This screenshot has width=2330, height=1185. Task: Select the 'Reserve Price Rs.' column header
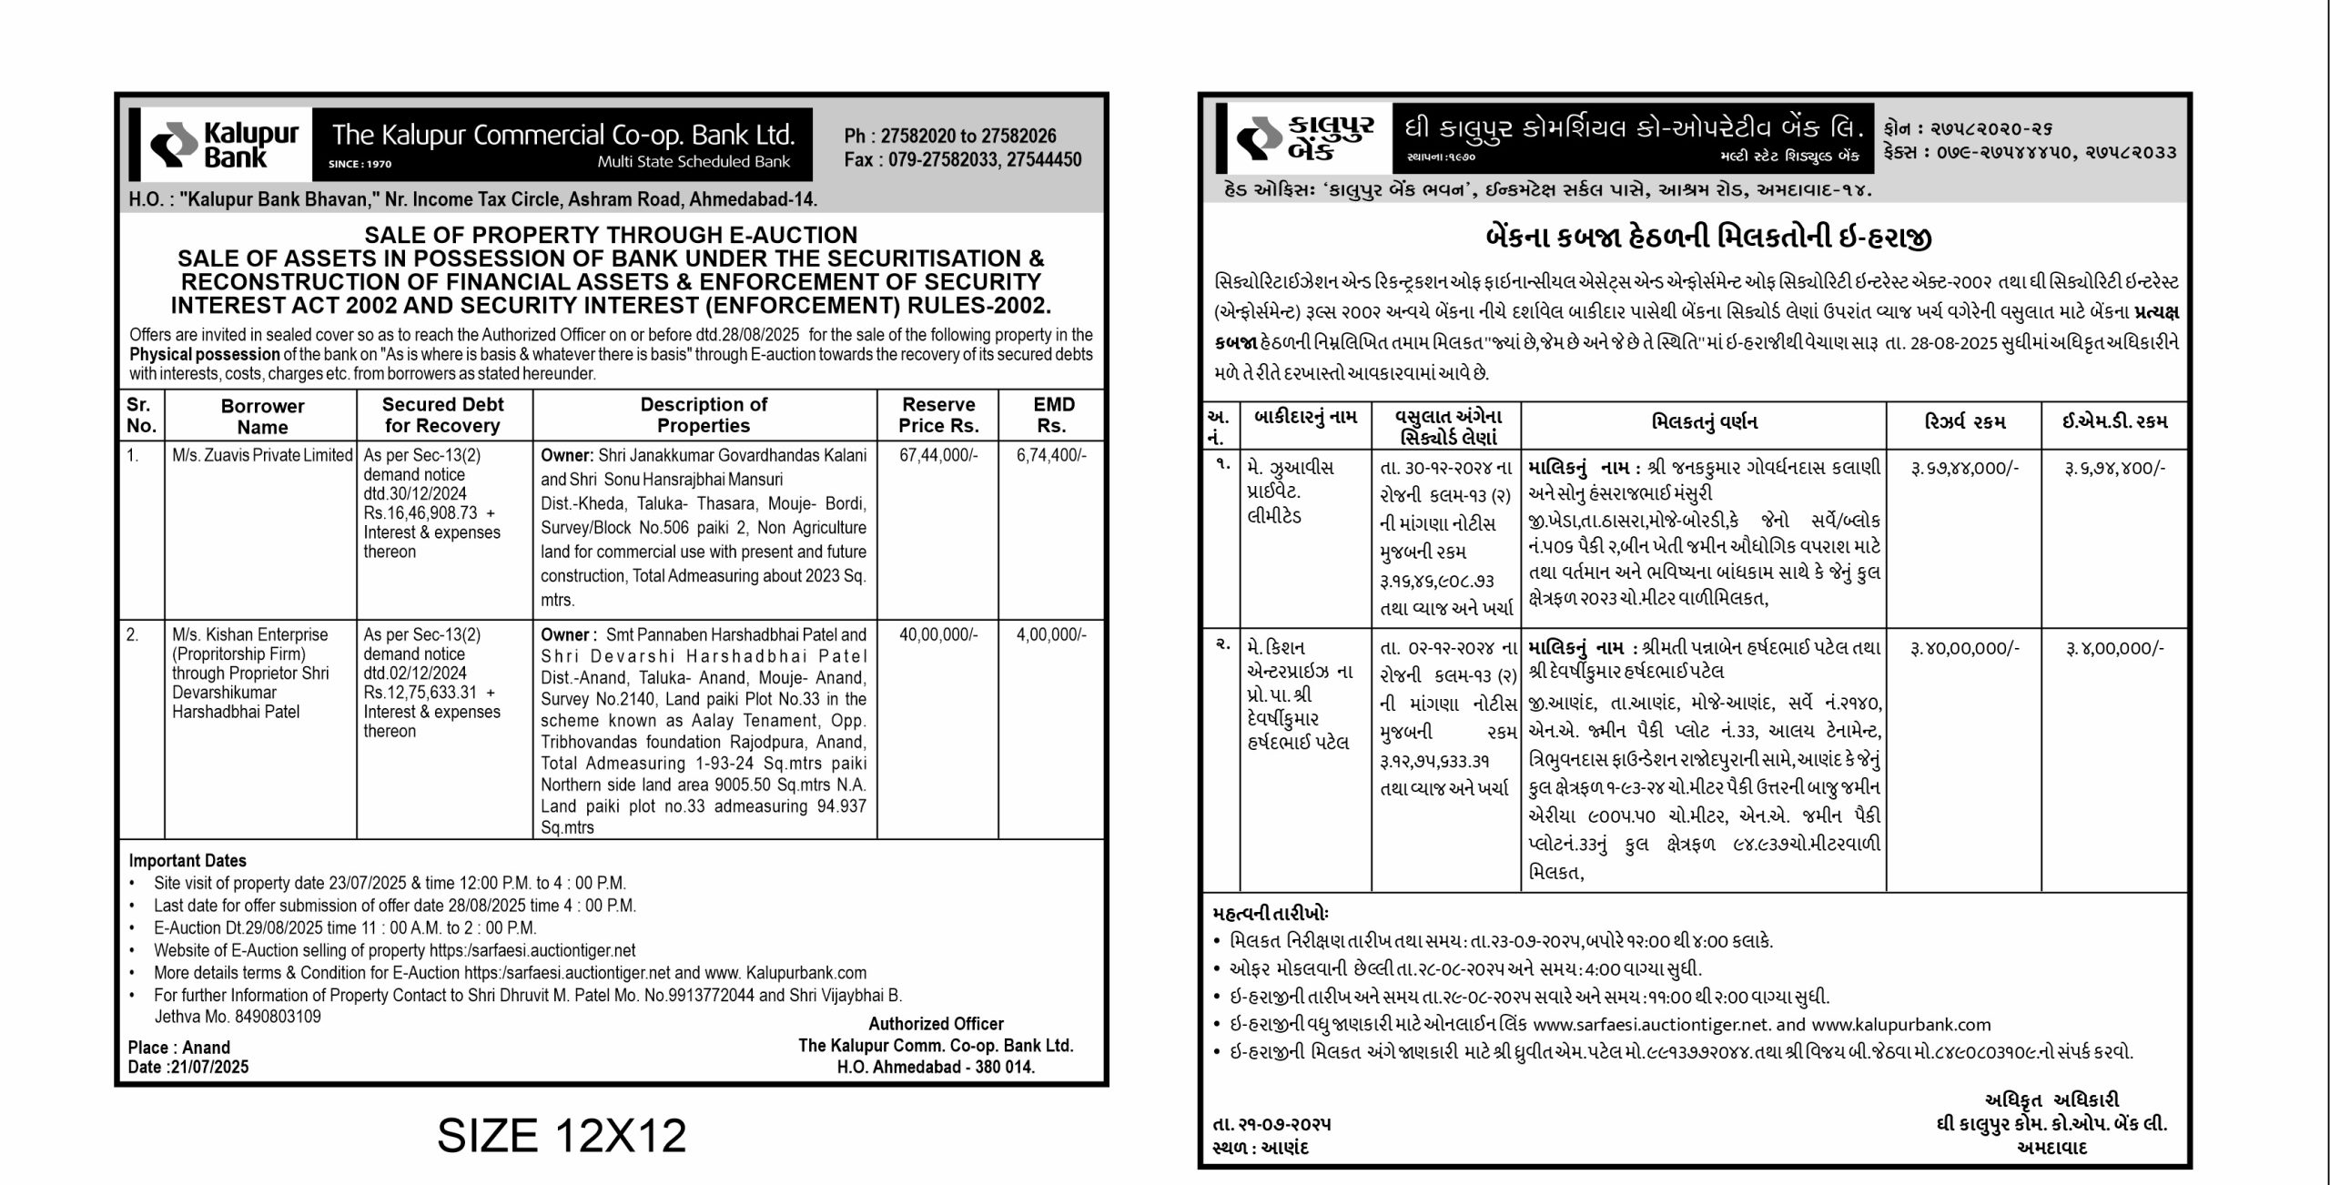(x=938, y=415)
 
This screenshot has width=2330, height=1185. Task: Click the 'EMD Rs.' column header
(x=1053, y=415)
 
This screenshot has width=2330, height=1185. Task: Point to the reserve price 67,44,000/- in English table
(x=938, y=455)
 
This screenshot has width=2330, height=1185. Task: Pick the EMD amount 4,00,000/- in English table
(x=1051, y=634)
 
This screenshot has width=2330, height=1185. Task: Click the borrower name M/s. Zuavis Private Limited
(x=262, y=455)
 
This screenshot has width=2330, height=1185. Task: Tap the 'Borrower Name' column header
(x=262, y=416)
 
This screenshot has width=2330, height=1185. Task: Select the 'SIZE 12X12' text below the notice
(x=562, y=1135)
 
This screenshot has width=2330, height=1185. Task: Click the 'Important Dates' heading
(x=187, y=861)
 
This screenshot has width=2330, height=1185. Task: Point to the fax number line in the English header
(x=963, y=160)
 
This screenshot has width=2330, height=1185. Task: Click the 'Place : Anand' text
(x=179, y=1048)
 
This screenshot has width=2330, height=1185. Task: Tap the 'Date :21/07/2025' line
(x=188, y=1067)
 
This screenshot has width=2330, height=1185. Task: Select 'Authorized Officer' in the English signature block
(x=936, y=1024)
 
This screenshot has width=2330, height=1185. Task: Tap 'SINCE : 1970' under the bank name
(x=360, y=165)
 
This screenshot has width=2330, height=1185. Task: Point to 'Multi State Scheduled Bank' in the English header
(x=694, y=162)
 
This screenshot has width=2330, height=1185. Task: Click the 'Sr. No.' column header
(x=141, y=415)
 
